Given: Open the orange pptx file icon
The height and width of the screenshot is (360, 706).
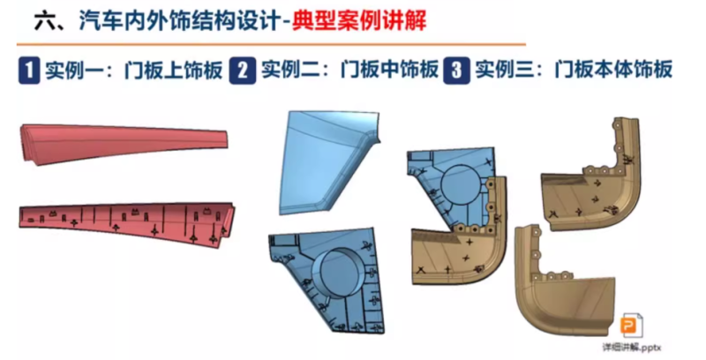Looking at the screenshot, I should (x=633, y=324).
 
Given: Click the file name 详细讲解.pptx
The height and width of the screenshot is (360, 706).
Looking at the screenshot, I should (x=633, y=348).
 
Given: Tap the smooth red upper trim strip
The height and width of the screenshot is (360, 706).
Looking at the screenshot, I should (x=124, y=146).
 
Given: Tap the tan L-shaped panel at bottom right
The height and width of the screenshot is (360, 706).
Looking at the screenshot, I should (x=565, y=282).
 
